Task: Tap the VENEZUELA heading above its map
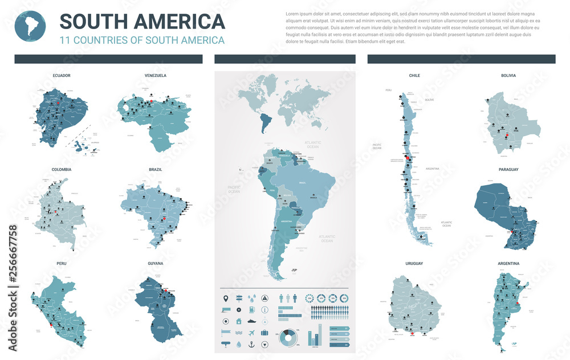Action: coord(155,75)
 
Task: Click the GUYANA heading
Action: coord(155,263)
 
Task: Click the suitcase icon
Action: coord(265,332)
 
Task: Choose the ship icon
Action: coord(251,332)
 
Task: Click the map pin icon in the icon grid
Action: coord(226,297)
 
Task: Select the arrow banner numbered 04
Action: coord(339,344)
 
